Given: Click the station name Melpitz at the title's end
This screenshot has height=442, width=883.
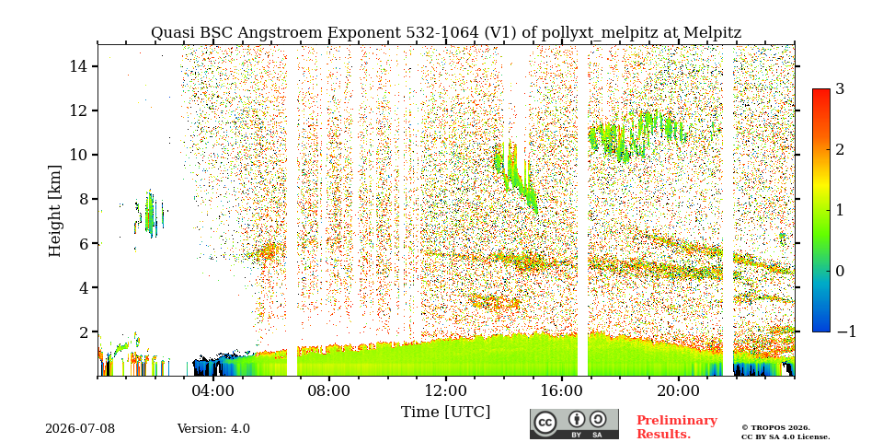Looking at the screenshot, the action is (712, 33).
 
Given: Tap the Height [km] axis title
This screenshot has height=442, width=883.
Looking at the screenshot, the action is (54, 211).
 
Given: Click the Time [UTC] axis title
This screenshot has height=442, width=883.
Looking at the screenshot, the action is (445, 413).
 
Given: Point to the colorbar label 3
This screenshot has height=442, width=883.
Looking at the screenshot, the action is (840, 89).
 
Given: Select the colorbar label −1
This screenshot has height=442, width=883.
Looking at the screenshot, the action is (846, 331).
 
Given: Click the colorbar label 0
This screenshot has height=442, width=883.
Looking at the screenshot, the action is (840, 271).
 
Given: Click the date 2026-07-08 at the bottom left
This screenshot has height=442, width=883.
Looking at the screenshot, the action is (80, 429).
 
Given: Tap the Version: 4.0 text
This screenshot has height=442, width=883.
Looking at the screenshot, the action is (213, 429).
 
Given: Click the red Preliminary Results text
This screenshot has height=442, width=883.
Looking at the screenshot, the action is (677, 427).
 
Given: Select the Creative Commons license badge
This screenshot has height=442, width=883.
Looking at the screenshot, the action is (574, 424).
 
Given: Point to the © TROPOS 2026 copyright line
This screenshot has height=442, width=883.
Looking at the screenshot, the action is (775, 428).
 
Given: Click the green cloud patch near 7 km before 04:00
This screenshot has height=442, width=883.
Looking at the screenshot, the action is (150, 215).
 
